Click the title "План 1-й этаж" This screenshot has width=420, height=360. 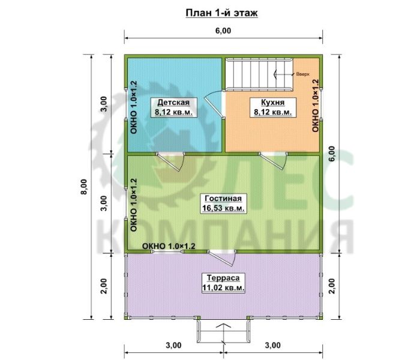click(x=221, y=13)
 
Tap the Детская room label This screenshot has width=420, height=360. click(x=173, y=107)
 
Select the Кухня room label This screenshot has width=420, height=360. click(x=272, y=107)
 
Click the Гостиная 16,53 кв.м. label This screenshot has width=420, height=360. click(x=223, y=203)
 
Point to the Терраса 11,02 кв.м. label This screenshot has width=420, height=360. click(x=223, y=283)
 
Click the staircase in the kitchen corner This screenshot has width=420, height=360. click(x=259, y=74)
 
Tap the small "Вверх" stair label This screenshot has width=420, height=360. click(x=302, y=74)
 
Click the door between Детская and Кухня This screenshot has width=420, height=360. click(x=215, y=104)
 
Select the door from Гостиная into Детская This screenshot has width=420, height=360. click(x=170, y=161)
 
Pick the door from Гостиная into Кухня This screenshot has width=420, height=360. click(x=274, y=161)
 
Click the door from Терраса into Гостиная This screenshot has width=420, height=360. click(x=222, y=258)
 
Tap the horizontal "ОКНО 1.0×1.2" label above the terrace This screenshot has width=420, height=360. click(x=169, y=246)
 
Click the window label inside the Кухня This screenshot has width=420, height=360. click(x=316, y=106)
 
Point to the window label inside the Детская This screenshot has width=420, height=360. click(x=134, y=107)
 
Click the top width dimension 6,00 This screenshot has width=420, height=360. click(x=223, y=31)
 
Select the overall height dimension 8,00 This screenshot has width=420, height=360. click(x=85, y=187)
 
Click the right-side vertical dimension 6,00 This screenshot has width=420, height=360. click(x=332, y=154)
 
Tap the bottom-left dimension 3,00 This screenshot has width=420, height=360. click(x=173, y=345)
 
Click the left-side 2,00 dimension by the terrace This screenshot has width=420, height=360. click(x=104, y=286)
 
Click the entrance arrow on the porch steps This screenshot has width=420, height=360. click(x=223, y=334)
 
